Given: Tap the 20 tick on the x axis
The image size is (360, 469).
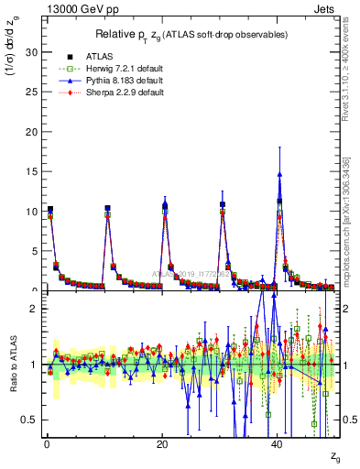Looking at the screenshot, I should [161, 443].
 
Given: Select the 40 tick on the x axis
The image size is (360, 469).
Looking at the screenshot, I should [277, 443].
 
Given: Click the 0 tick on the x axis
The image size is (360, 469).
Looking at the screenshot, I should [46, 443].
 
